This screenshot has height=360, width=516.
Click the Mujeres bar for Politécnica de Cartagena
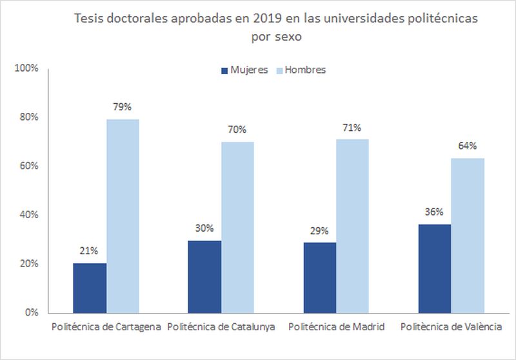point(90,288)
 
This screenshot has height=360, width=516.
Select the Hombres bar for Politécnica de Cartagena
point(123,216)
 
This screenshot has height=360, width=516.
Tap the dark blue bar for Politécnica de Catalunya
point(204,277)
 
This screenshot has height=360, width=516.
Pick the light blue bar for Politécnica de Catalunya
point(237,227)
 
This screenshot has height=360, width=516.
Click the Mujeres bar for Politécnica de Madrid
point(319,277)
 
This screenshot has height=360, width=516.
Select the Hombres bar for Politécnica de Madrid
point(352,226)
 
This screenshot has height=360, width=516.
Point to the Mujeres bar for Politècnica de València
point(434,268)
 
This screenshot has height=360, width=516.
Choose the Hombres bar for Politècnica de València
point(468,235)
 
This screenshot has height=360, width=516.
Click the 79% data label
point(123,107)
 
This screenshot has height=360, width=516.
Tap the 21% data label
point(90,251)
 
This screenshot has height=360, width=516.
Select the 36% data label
point(434,212)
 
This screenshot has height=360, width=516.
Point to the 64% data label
point(468,146)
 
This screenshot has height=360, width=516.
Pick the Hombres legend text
point(306,70)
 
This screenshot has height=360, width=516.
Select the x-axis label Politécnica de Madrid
point(336,327)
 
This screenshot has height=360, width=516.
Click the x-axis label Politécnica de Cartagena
point(106,327)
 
